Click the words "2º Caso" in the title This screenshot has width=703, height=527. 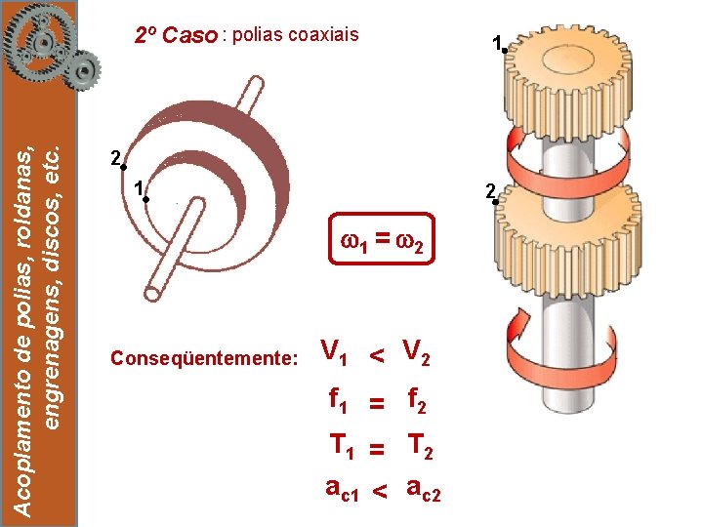176,36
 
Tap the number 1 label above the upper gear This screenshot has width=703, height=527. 497,42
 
